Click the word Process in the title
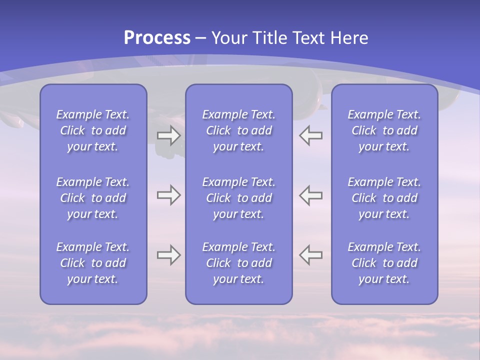coord(157,38)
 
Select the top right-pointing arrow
coord(168,135)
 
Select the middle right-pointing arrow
coord(168,195)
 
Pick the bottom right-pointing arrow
coord(168,255)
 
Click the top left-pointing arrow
coord(311,135)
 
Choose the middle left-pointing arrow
coord(311,195)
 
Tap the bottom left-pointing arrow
coord(311,255)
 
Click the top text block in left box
coord(93,130)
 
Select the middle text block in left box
coord(93,198)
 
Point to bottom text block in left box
coord(93,263)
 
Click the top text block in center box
coord(238,130)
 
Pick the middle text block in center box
coord(238,198)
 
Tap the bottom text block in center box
coord(238,263)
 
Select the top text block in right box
coord(384,130)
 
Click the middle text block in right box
coord(384,198)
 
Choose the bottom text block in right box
coord(384,263)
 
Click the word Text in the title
coord(308,38)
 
